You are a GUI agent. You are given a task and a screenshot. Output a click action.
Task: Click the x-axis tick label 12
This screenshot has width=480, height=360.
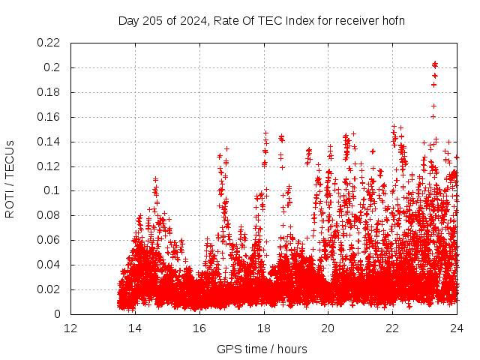70,328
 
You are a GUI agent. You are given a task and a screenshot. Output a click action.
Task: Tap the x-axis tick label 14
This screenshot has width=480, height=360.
135,328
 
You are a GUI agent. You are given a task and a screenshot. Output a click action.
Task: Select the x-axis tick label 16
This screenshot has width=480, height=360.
199,328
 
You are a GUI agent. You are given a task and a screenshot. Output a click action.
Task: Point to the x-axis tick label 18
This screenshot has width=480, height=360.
264,328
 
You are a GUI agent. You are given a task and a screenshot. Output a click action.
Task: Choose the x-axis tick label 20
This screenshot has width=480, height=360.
328,328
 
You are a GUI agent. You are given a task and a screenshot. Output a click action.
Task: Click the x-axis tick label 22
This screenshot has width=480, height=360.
393,328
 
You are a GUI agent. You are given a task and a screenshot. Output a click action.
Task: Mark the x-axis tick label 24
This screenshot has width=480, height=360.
457,328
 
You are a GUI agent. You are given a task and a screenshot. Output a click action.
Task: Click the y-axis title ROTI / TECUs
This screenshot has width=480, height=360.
10,178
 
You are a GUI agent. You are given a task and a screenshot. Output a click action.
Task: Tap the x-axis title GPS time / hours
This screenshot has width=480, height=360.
263,349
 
